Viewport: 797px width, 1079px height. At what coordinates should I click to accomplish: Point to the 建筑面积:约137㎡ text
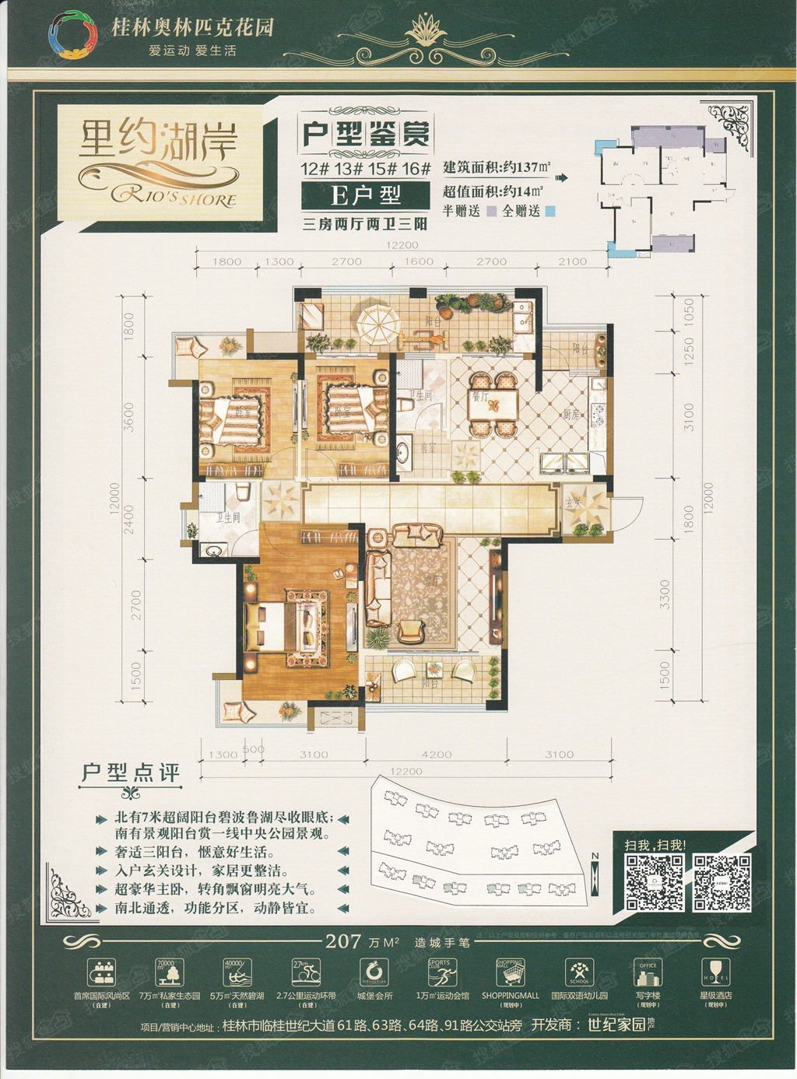(496, 167)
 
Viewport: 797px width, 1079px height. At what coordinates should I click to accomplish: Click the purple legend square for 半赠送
(491, 211)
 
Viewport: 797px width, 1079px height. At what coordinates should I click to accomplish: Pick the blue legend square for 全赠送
(549, 211)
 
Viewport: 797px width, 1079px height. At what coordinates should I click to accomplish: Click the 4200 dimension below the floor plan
(436, 754)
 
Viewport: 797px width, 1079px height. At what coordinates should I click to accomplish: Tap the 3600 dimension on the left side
(129, 416)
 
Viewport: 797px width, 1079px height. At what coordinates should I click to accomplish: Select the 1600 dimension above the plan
(419, 261)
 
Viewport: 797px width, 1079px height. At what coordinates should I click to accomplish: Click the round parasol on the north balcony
(376, 317)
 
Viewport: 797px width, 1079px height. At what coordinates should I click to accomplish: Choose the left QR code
(655, 882)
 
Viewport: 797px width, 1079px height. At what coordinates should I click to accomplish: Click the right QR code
(722, 882)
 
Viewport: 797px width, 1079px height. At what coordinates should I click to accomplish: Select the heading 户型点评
(131, 772)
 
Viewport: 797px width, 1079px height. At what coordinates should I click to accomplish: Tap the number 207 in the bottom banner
(342, 941)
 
